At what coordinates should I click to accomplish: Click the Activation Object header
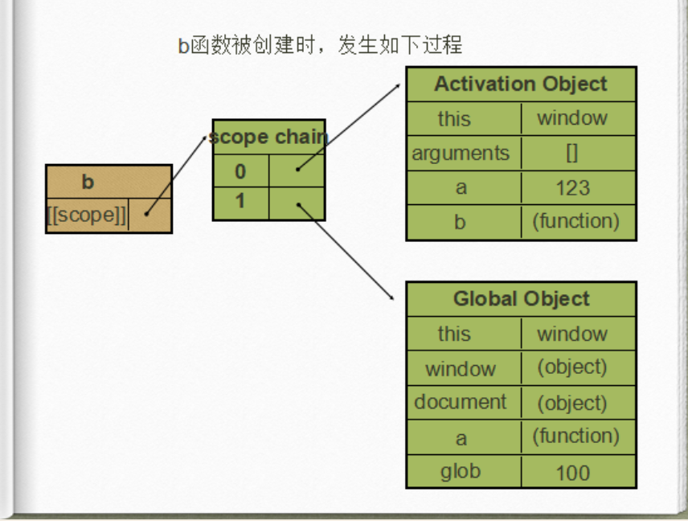pyautogui.click(x=521, y=84)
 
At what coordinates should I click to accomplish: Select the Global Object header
pyautogui.click(x=521, y=299)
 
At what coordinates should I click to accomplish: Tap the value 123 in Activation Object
pyautogui.click(x=572, y=188)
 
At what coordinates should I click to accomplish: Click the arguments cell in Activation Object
pyautogui.click(x=461, y=153)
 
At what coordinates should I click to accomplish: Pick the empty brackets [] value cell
pyautogui.click(x=572, y=153)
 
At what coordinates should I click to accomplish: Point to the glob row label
pyautogui.click(x=460, y=471)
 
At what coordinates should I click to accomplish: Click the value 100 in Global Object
pyautogui.click(x=572, y=473)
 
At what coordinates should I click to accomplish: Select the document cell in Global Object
pyautogui.click(x=461, y=402)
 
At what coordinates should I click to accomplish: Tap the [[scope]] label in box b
pyautogui.click(x=87, y=215)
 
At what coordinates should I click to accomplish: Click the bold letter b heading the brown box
pyautogui.click(x=88, y=183)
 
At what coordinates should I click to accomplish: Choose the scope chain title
pyautogui.click(x=268, y=137)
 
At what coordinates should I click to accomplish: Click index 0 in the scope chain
pyautogui.click(x=240, y=171)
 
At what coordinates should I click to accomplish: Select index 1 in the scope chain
pyautogui.click(x=240, y=201)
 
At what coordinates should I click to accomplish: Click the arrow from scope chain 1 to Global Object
pyautogui.click(x=346, y=251)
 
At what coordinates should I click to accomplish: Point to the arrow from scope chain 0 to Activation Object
pyautogui.click(x=350, y=125)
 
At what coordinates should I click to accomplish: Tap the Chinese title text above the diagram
pyautogui.click(x=320, y=45)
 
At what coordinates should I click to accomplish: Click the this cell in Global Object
pyautogui.click(x=454, y=334)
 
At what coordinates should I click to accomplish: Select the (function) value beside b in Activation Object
pyautogui.click(x=575, y=221)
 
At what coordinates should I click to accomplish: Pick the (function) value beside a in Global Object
pyautogui.click(x=575, y=437)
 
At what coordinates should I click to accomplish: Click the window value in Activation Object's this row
pyautogui.click(x=572, y=118)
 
